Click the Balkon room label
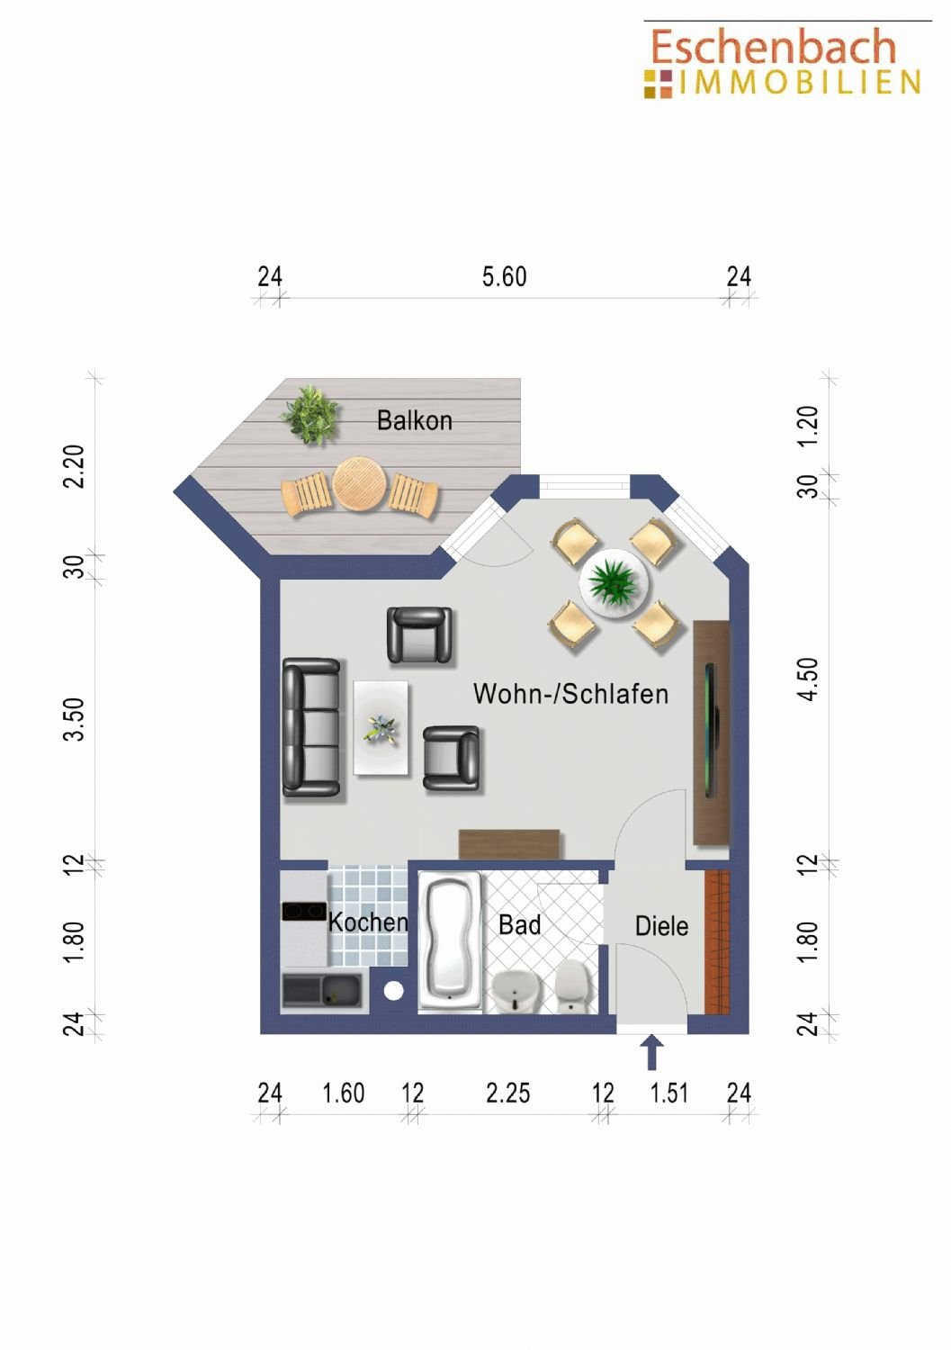[x=415, y=420]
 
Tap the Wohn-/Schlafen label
[x=570, y=694]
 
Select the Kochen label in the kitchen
[x=368, y=922]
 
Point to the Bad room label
[x=519, y=925]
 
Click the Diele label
[x=661, y=926]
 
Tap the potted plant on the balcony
[x=310, y=414]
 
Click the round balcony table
[x=359, y=484]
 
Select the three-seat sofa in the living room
[x=311, y=727]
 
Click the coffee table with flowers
[x=381, y=727]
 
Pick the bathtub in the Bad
[x=450, y=940]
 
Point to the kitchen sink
[x=322, y=990]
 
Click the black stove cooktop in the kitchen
[x=304, y=911]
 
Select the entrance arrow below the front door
[x=651, y=1052]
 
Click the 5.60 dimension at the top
[x=505, y=276]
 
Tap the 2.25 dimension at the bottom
[x=508, y=1093]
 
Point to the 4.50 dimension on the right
[x=808, y=679]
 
